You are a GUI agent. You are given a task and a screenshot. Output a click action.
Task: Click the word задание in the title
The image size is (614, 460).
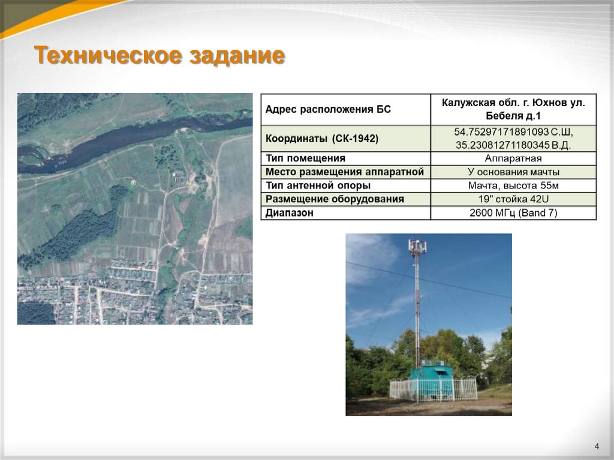tap(237, 56)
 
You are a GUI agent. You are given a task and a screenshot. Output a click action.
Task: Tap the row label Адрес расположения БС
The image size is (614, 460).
tap(328, 109)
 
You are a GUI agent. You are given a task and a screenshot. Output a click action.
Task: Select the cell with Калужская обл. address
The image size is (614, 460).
tap(513, 109)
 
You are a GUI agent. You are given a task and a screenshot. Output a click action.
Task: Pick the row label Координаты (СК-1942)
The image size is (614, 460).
tap(322, 139)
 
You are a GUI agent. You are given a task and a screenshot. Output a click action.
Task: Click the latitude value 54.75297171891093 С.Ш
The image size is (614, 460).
tap(513, 132)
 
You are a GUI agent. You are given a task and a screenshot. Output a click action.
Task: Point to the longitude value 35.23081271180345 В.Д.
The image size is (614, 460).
tap(513, 145)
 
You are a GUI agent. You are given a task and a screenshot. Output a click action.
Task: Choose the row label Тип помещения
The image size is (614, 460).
tap(306, 158)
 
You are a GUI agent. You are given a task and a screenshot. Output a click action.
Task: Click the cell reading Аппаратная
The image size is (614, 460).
tap(513, 158)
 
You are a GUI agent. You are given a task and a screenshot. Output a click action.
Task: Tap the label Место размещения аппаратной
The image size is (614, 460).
tap(345, 172)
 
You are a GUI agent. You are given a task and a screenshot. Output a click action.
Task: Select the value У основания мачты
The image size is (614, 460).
tap(513, 172)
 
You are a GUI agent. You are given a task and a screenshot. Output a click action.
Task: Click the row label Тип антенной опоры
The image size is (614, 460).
tap(318, 185)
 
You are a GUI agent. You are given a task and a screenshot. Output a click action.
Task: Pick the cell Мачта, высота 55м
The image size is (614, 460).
tap(513, 185)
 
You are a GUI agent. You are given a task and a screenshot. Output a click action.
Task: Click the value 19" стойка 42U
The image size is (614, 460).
tap(513, 199)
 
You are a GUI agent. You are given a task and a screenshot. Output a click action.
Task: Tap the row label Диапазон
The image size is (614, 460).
tap(290, 212)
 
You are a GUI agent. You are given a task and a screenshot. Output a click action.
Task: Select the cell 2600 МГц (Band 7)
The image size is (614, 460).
tap(513, 212)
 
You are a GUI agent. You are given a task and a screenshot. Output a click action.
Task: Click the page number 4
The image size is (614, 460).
tap(597, 446)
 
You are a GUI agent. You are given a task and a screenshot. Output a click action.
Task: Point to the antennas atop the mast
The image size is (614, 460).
tap(417, 246)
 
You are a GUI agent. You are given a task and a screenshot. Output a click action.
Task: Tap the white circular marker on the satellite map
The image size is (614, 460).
tap(134, 182)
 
